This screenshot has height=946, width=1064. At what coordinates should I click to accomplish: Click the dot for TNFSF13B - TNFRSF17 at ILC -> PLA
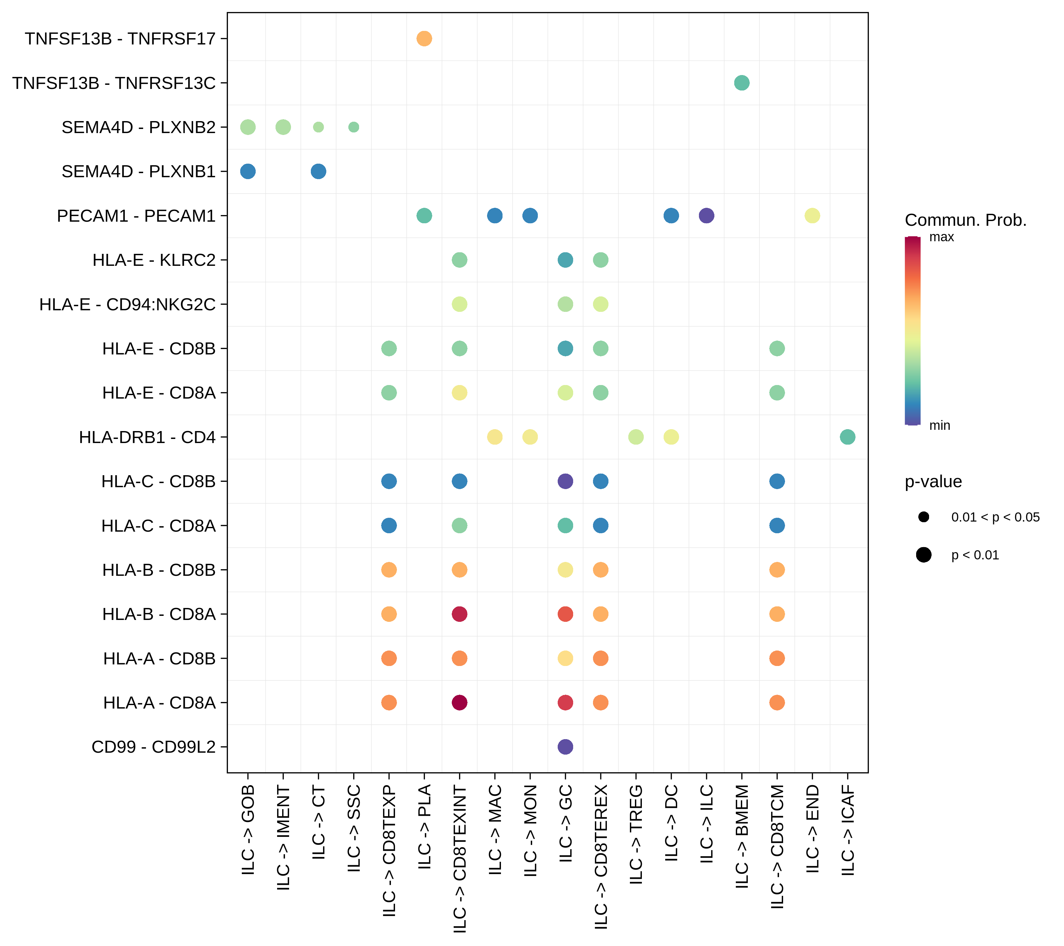click(x=424, y=38)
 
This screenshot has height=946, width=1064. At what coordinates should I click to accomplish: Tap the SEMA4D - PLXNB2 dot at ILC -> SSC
click(x=353, y=127)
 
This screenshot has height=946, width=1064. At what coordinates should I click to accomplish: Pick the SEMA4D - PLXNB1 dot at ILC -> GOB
click(x=248, y=171)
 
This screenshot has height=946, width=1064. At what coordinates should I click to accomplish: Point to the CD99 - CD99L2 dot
click(x=565, y=747)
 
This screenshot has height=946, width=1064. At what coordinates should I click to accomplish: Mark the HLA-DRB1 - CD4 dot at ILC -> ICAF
click(x=847, y=437)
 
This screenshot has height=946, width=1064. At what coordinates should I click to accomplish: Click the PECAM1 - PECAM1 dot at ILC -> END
click(x=812, y=216)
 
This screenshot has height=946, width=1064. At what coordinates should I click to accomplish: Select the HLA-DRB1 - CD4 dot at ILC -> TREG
click(x=636, y=437)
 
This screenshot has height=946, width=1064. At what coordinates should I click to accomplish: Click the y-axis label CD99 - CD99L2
click(x=154, y=747)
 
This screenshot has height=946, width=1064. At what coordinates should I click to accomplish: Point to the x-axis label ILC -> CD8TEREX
click(x=601, y=856)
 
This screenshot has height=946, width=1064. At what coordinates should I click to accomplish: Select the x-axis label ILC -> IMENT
click(x=283, y=838)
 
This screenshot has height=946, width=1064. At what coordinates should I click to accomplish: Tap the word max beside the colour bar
click(x=942, y=237)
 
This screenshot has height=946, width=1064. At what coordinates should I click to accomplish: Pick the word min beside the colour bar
click(x=939, y=426)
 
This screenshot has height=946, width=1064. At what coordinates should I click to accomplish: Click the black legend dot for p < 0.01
click(x=923, y=555)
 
